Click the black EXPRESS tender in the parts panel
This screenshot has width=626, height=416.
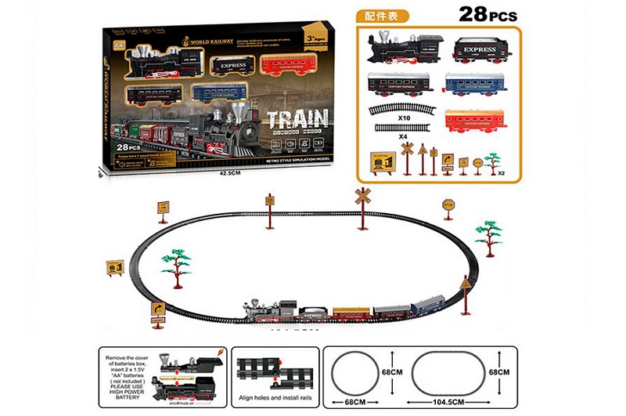tap(480, 49)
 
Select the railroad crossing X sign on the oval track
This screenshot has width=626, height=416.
tap(362, 197)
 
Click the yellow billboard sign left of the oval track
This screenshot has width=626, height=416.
tap(115, 268)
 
